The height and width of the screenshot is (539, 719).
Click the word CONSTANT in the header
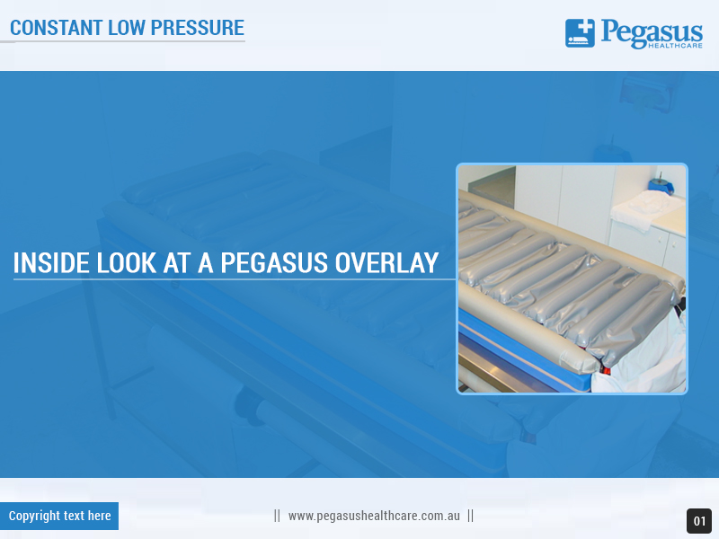click(x=55, y=27)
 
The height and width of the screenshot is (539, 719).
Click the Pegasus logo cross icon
click(x=580, y=33)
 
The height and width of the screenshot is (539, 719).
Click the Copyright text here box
click(x=59, y=516)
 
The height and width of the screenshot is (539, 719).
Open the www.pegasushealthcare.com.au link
click(x=374, y=516)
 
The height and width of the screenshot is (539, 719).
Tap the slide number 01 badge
click(x=699, y=521)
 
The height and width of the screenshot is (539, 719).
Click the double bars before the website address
click(x=277, y=516)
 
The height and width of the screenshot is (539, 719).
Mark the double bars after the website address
click(x=470, y=516)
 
